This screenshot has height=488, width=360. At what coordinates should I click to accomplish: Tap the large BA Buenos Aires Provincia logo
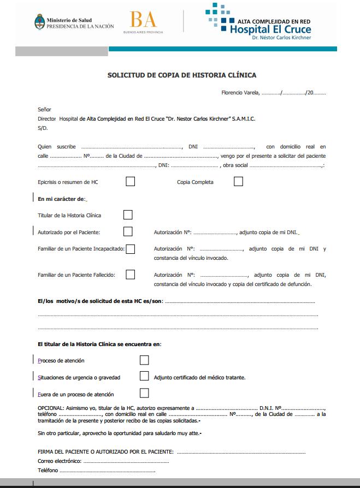coord(143,21)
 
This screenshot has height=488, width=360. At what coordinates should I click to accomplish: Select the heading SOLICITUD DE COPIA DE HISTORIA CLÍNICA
coord(182,75)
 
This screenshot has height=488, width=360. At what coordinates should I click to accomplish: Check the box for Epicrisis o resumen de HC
coord(130,182)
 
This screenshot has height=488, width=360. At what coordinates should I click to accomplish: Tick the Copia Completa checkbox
coord(238,182)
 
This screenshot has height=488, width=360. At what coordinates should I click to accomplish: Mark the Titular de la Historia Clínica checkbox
coord(128,215)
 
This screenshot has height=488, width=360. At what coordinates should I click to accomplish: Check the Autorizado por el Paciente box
coord(128,232)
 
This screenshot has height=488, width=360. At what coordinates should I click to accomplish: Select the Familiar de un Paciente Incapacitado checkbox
coord(130,249)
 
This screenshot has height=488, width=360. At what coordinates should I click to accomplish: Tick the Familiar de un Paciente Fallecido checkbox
coord(130,275)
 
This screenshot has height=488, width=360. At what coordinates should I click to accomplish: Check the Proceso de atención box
coord(144,360)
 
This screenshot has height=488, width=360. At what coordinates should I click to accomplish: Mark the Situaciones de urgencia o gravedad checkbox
coord(144,376)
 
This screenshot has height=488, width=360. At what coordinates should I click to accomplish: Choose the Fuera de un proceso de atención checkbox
coord(144,393)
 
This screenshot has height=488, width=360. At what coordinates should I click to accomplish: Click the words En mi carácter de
coord(61,199)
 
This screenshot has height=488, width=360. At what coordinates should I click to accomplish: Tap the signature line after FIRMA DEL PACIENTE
coord(240,452)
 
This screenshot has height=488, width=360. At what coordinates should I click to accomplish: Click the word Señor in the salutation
coord(44,109)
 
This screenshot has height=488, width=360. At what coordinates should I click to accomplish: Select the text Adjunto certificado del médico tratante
coord(199,377)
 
